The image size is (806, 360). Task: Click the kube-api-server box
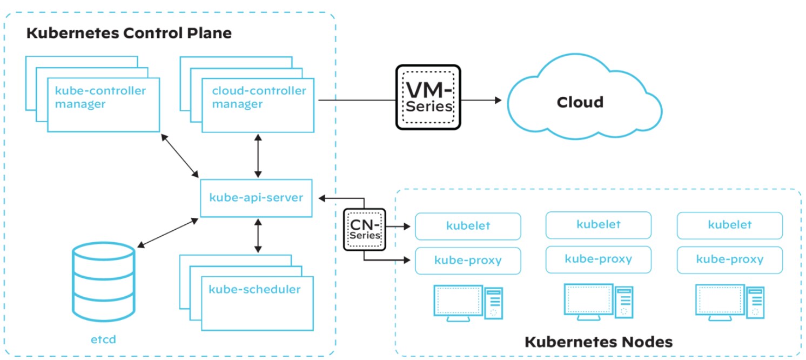click(256, 198)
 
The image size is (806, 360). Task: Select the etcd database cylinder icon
click(103, 282)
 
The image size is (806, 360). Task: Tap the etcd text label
click(103, 340)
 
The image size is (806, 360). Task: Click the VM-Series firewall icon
click(428, 97)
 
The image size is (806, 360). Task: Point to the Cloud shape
click(580, 102)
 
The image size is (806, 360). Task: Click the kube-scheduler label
click(254, 289)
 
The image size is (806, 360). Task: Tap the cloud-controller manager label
click(258, 97)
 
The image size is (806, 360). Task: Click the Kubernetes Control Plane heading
click(129, 33)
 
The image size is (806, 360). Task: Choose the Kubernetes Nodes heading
click(599, 342)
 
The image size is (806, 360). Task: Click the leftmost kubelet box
click(468, 226)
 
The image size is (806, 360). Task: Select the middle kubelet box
click(598, 224)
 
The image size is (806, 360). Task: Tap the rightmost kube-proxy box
click(729, 259)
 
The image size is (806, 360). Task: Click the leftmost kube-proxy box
click(468, 261)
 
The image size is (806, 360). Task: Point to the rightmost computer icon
click(729, 303)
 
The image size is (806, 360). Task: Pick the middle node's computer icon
click(598, 302)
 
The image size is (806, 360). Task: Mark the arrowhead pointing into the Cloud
click(496, 100)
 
